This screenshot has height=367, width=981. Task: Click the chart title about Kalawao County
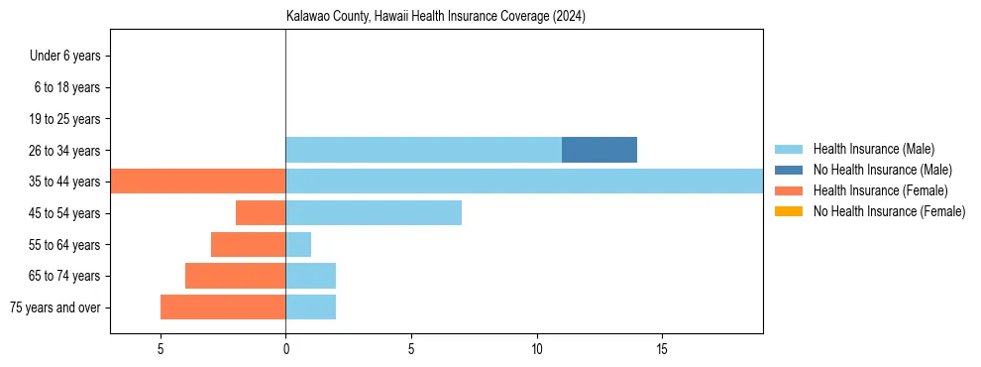[x=436, y=17]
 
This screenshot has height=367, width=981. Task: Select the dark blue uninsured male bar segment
[x=599, y=150]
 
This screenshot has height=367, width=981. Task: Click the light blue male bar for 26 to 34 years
[x=423, y=150]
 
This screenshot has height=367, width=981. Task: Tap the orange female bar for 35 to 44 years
[x=198, y=182]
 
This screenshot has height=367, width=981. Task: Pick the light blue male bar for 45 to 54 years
[x=374, y=212]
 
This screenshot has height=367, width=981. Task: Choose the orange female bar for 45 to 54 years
[x=261, y=212]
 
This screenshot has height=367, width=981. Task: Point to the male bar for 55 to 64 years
[x=298, y=244]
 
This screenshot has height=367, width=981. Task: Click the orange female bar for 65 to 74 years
[x=236, y=276]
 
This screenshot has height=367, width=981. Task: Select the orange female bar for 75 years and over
[x=223, y=307]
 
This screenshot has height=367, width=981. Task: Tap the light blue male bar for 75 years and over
[x=311, y=307]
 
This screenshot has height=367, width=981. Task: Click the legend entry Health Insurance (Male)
[x=873, y=149]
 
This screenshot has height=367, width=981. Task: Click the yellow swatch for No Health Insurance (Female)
[x=789, y=211]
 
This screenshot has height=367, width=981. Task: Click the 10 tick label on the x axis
[x=536, y=349]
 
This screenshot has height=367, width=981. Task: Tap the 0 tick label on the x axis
[x=285, y=349]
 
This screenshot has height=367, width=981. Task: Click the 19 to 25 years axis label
[x=64, y=119]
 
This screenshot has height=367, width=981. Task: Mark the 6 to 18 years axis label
[x=67, y=87]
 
